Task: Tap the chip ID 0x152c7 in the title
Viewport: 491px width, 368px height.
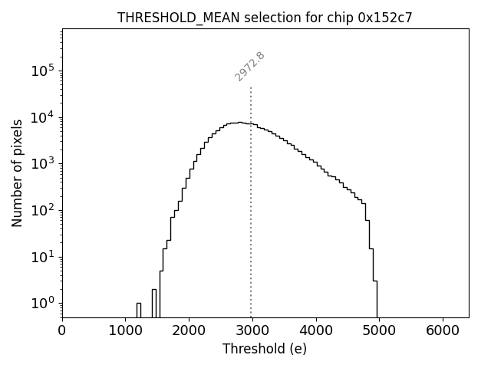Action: tap(385, 18)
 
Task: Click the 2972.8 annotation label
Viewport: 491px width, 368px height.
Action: tap(250, 66)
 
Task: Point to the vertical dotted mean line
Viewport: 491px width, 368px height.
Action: tap(251, 199)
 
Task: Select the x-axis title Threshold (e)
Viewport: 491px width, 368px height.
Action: tap(265, 349)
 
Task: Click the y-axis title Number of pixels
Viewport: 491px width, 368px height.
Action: tap(17, 173)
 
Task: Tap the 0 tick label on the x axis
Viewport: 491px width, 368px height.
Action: tap(62, 330)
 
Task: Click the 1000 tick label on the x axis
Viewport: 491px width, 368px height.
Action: tap(126, 330)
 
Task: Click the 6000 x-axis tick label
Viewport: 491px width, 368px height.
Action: tap(443, 330)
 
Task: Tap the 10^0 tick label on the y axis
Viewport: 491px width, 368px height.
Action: tap(43, 303)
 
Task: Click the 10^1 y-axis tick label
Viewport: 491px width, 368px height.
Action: tap(43, 256)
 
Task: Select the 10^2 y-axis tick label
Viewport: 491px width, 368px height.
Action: tap(43, 210)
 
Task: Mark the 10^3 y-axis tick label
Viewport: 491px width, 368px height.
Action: tap(43, 163)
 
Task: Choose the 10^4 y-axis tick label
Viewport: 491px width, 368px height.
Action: tap(43, 117)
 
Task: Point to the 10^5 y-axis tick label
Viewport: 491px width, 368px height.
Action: tap(43, 71)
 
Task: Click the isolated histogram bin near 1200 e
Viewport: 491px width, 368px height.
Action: tap(139, 310)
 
